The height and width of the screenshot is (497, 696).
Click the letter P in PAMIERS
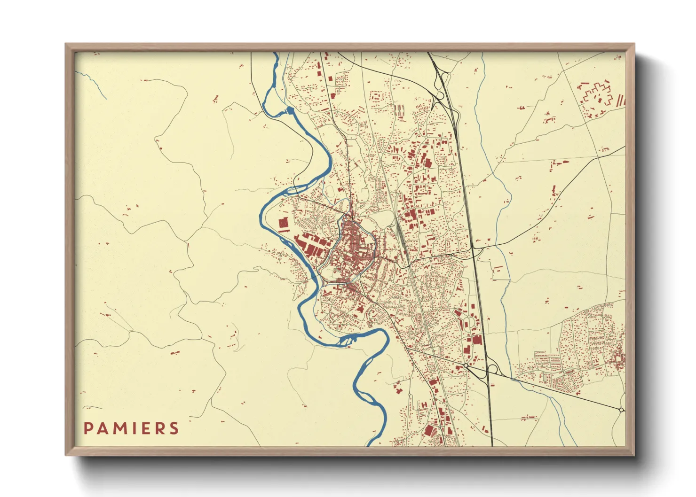coord(88,428)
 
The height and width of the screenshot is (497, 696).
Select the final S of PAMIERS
coord(174,428)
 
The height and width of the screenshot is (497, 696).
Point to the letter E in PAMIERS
coord(146,428)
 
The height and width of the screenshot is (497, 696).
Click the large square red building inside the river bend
coord(283,224)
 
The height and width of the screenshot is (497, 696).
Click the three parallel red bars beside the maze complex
coord(620,100)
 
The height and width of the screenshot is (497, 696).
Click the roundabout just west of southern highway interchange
coord(465,365)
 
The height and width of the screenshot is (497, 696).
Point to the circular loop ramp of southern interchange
coord(493,369)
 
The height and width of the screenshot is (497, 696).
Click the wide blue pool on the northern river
coord(289,111)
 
